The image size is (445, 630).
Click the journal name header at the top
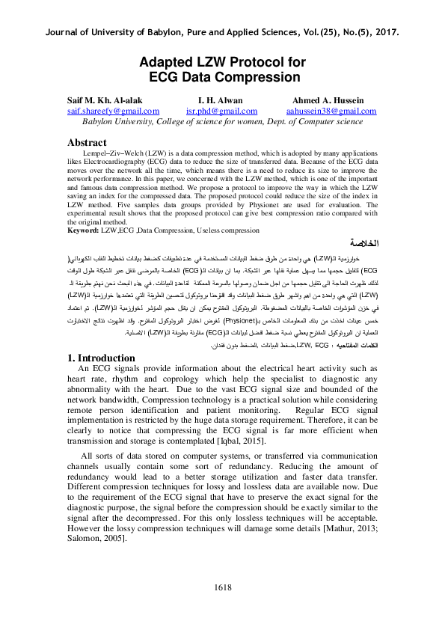point(222,32)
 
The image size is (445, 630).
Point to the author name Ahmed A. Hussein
point(328,100)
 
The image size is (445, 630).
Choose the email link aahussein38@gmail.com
point(328,111)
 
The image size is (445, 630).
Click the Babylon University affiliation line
point(222,121)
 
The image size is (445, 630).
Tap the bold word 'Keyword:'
point(83,231)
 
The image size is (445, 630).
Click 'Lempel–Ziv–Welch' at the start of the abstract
point(113,152)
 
